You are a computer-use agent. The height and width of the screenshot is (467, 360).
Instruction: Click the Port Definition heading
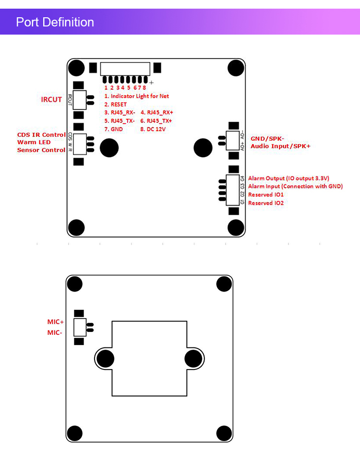point(55,22)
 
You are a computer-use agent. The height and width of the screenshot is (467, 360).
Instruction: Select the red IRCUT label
point(51,99)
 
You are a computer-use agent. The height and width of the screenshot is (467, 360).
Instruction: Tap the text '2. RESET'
point(115,105)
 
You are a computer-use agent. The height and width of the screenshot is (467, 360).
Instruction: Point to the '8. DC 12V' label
point(153,129)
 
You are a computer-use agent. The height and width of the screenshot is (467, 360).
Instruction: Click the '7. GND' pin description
point(114,129)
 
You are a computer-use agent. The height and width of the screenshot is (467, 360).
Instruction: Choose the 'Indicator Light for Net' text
point(140,96)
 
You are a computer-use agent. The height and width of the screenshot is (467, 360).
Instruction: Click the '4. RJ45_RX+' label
point(157,112)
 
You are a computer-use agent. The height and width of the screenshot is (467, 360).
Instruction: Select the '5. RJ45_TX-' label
point(120,121)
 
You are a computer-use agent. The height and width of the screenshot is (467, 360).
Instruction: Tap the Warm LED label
point(34,142)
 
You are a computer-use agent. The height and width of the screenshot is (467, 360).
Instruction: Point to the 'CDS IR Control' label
point(41,135)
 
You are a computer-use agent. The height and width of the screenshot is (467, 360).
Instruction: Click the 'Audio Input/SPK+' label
point(281,146)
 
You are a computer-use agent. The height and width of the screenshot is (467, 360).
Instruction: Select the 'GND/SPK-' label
point(267,138)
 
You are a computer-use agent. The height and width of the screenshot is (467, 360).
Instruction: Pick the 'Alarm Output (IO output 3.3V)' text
point(288,178)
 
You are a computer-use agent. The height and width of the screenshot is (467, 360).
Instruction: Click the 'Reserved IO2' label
point(266,203)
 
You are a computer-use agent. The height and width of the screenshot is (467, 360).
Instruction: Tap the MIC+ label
point(56,322)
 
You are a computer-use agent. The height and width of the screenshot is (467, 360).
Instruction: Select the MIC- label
point(55,332)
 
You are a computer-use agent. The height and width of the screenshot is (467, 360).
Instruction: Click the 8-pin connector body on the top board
point(125,69)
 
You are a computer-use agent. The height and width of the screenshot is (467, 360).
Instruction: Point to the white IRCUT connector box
point(79,100)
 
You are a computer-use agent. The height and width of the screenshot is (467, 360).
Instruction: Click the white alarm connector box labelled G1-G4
point(233,190)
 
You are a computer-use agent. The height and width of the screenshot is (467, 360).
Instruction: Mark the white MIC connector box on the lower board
point(80,327)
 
